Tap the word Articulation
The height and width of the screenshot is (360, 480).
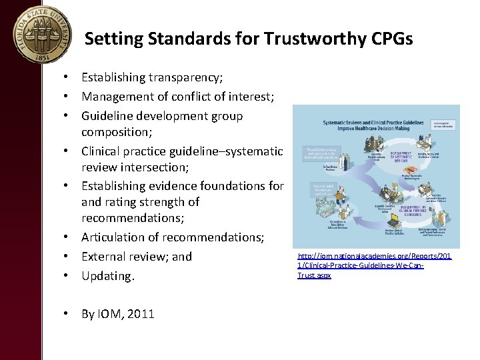click(x=118, y=237)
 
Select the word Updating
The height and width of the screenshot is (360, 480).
click(x=107, y=275)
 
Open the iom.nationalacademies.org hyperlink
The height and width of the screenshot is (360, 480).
click(x=374, y=265)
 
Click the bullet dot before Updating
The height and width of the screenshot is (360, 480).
click(x=69, y=275)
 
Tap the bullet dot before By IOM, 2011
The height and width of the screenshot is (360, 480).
click(x=69, y=313)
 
